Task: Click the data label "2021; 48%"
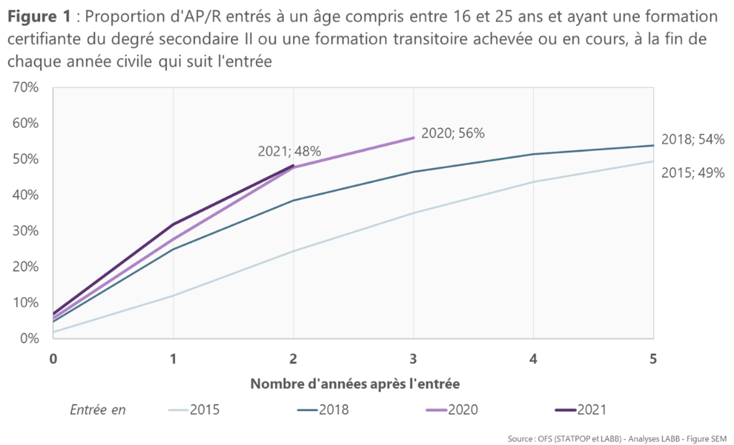pyautogui.click(x=289, y=151)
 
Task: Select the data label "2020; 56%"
pyautogui.click(x=453, y=133)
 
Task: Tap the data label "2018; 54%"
pyautogui.click(x=692, y=140)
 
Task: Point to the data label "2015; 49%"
pyautogui.click(x=692, y=172)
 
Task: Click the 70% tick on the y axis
pyautogui.click(x=26, y=88)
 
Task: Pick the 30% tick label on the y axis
pyautogui.click(x=26, y=230)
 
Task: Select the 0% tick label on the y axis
pyautogui.click(x=29, y=338)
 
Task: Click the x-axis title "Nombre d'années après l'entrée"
pyautogui.click(x=354, y=383)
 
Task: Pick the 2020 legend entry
pyautogui.click(x=452, y=410)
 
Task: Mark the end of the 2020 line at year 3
pyautogui.click(x=414, y=138)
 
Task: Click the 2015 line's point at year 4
pyautogui.click(x=533, y=182)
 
